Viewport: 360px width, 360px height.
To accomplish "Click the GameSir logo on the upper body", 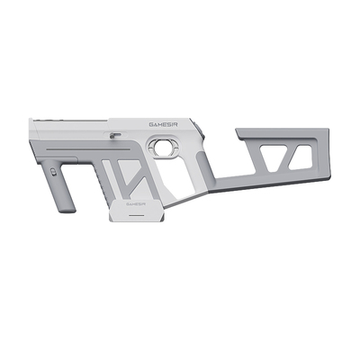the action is point(163,124).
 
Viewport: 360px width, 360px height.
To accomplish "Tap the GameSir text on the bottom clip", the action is point(136,203).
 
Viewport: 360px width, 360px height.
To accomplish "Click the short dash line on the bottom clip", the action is point(136,215).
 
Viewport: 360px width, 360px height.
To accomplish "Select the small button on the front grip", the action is point(54,172).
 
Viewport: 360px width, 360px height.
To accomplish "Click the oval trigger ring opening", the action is point(163,145).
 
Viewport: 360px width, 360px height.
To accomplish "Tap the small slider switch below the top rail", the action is point(115,135).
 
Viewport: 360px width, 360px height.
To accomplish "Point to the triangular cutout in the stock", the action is point(273,158).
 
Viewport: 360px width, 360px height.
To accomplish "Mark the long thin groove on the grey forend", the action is point(87,148).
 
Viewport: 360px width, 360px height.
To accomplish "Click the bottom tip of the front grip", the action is point(69,211).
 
